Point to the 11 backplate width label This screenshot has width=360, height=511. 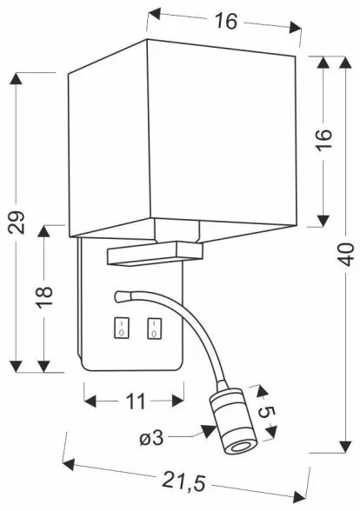(x=134, y=401)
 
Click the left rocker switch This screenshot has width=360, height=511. (x=121, y=328)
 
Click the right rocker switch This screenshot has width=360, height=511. (x=154, y=328)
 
